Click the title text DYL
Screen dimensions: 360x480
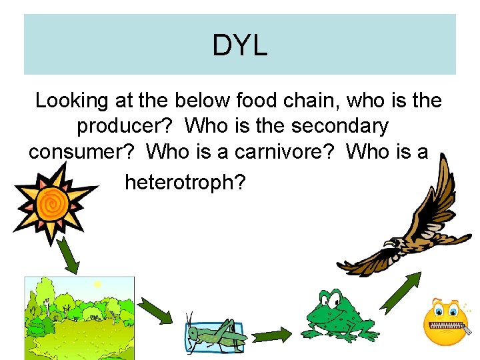[x=239, y=45]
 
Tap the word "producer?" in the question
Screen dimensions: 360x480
[x=126, y=126]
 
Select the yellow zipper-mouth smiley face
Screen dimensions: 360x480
[x=448, y=321]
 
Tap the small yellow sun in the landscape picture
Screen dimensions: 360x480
[x=97, y=285]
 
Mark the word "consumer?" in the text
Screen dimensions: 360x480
[x=83, y=152]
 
